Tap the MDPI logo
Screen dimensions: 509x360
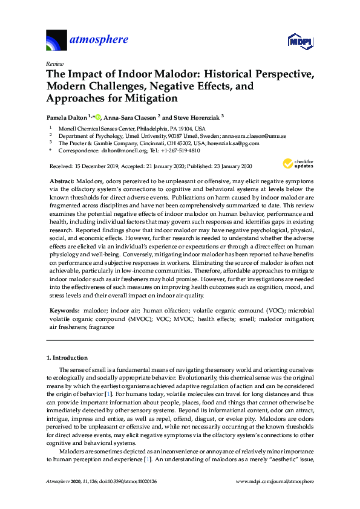[299, 41]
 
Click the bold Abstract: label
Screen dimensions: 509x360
[62, 181]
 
